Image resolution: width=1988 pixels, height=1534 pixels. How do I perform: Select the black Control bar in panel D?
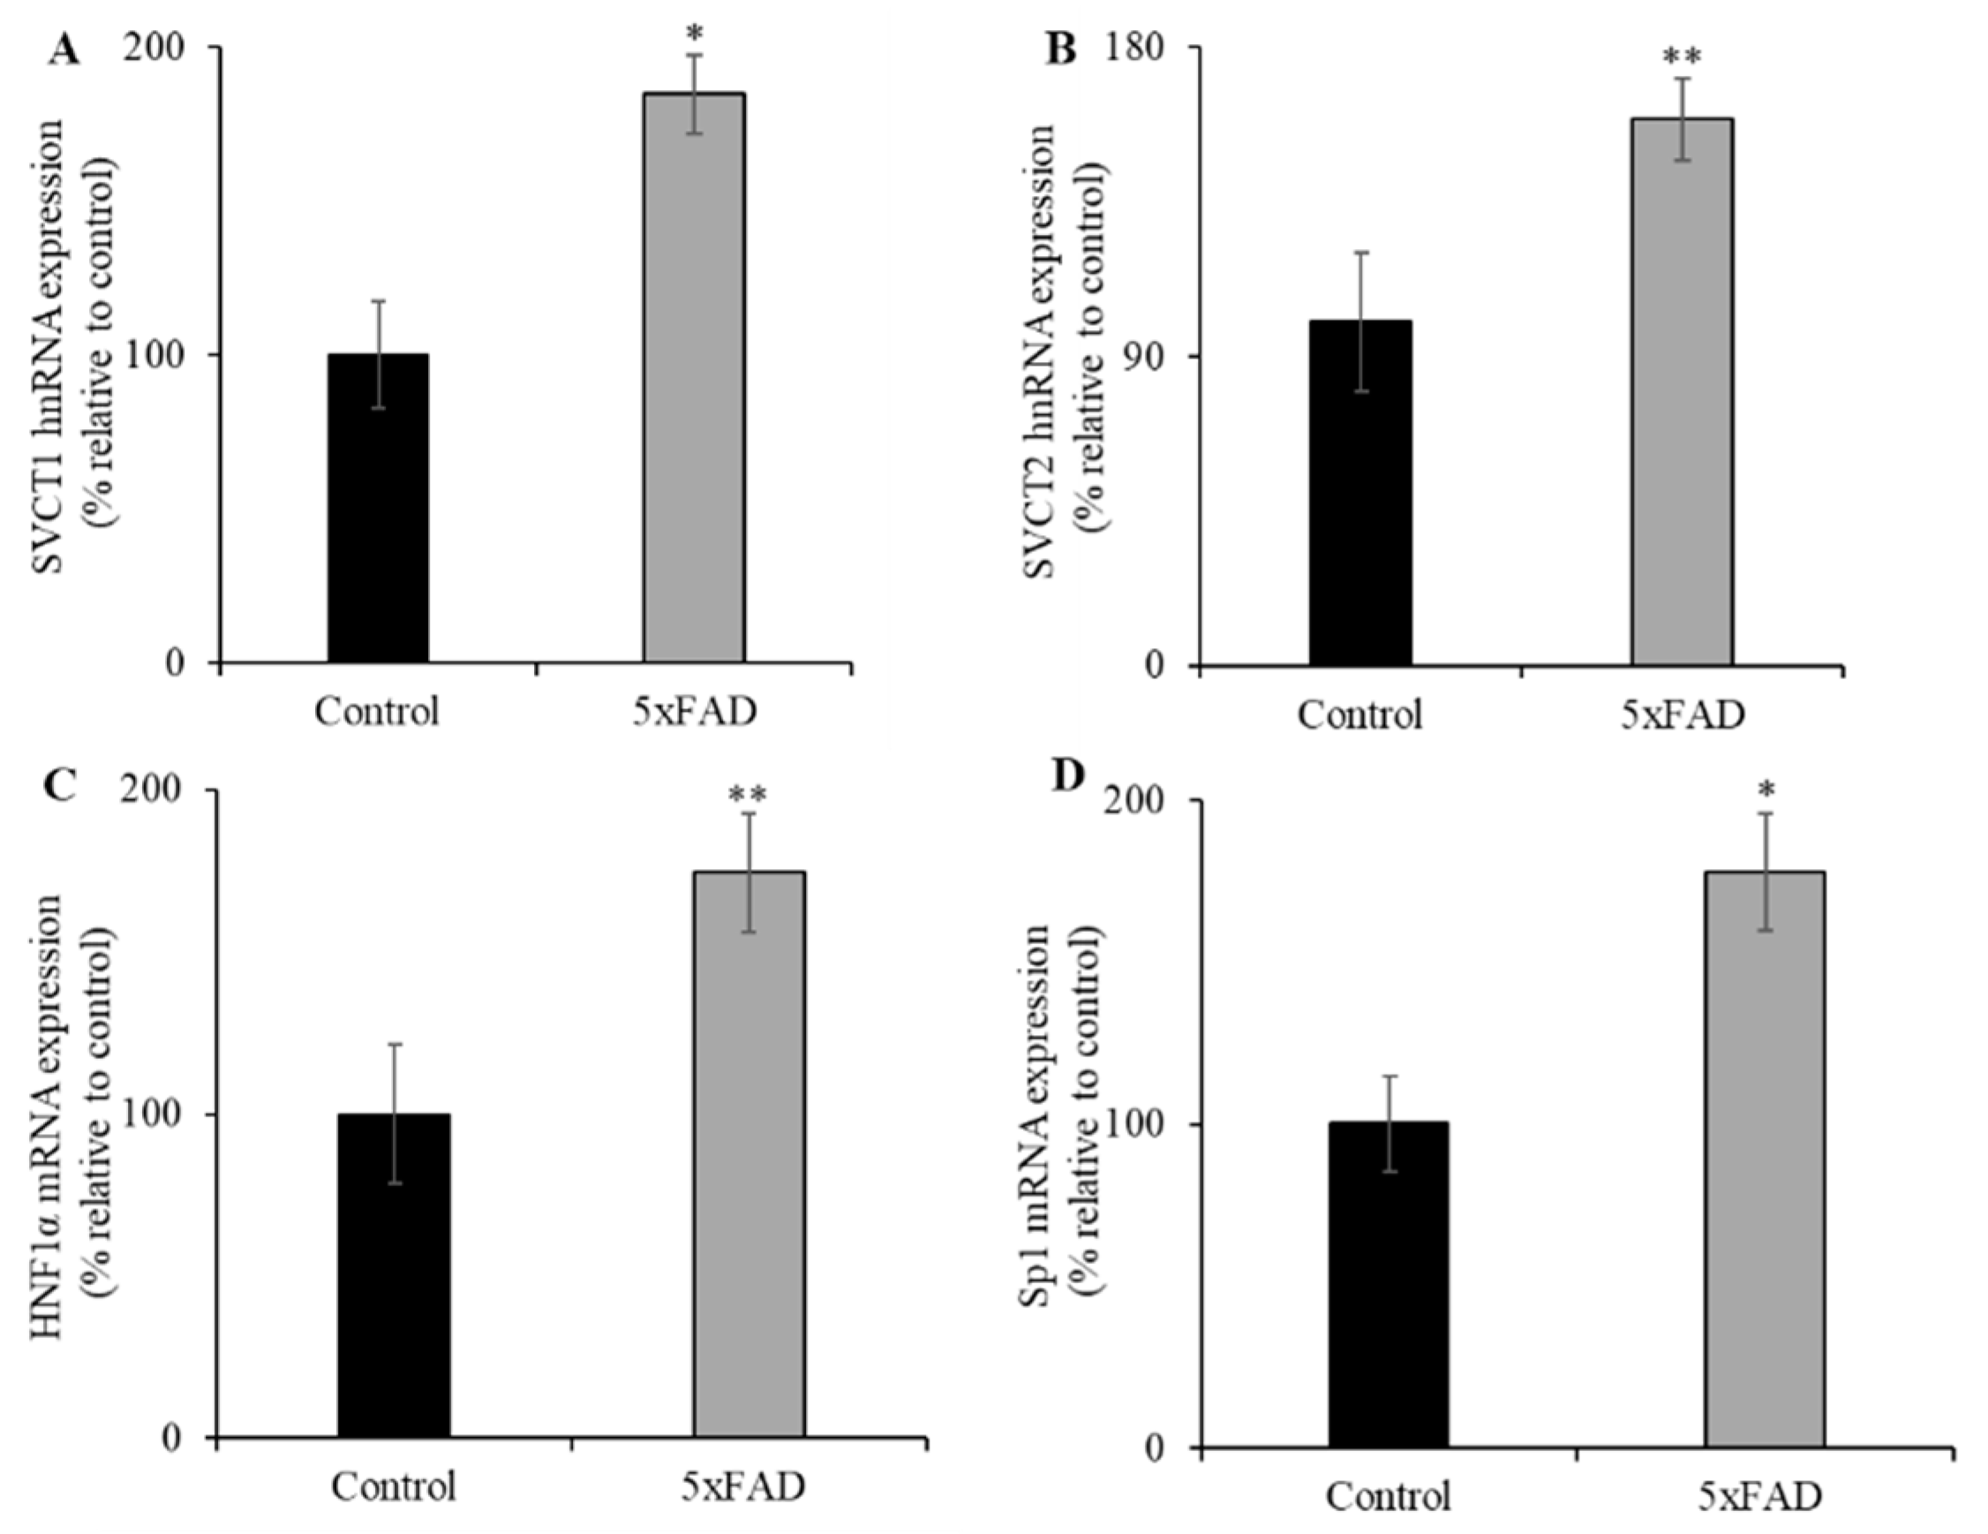coord(1388,1284)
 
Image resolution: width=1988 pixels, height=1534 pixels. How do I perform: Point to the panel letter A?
coord(64,51)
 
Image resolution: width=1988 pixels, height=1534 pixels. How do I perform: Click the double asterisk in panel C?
coord(748,796)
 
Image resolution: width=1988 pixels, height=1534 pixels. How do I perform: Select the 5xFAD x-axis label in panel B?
coord(1683,714)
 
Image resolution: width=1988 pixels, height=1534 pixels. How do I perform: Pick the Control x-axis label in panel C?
coord(393,1486)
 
